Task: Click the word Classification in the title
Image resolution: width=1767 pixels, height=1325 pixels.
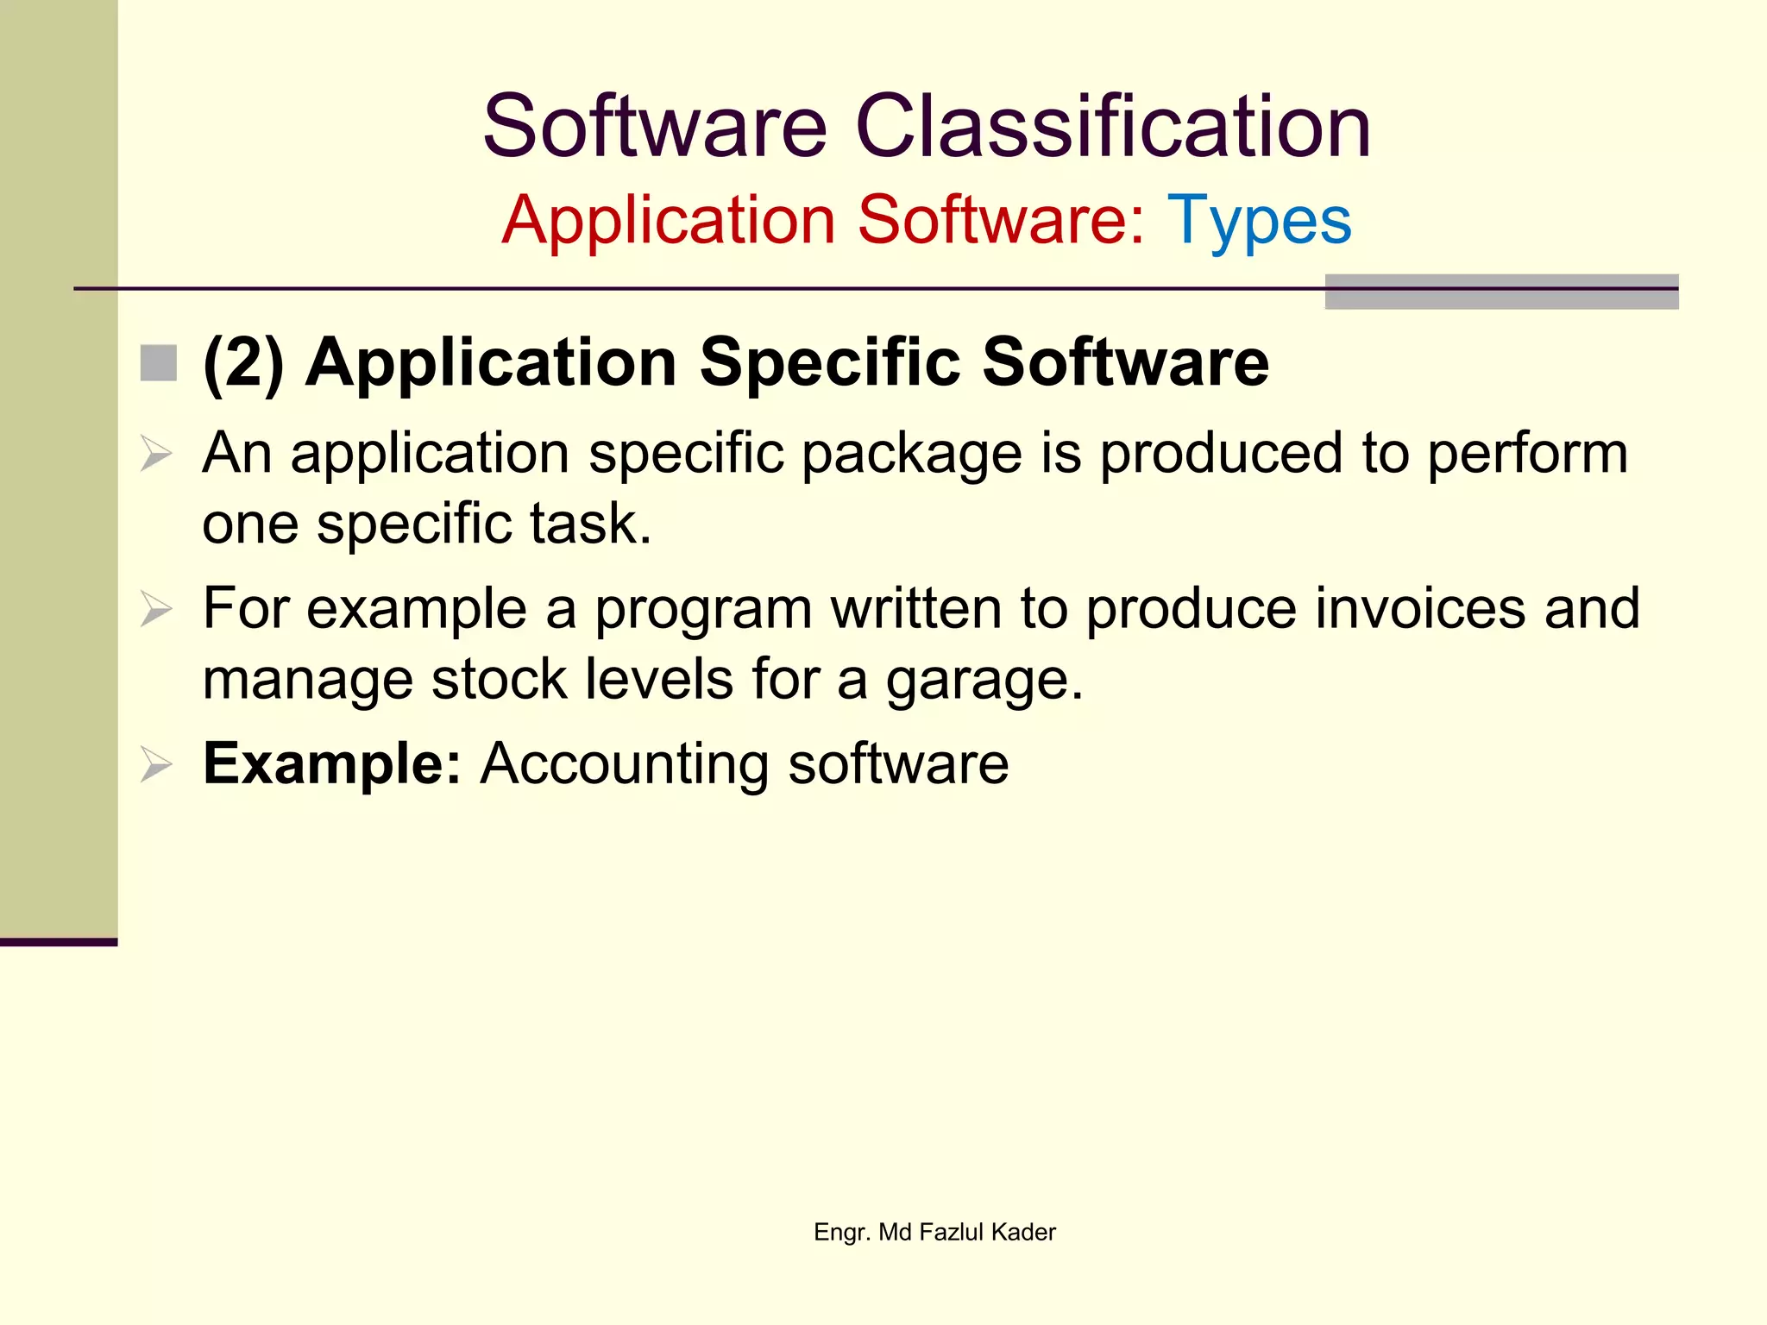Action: (1112, 128)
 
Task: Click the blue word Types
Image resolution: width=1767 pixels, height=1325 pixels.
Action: (1259, 221)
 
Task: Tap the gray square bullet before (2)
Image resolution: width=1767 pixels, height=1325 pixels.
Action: (159, 363)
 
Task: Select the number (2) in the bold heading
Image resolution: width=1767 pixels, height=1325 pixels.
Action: (243, 363)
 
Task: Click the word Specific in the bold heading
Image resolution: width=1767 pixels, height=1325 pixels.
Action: (829, 363)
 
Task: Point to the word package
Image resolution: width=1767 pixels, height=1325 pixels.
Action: (911, 455)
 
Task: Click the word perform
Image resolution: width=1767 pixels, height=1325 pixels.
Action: (1526, 455)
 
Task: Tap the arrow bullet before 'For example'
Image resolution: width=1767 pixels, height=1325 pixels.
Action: (156, 610)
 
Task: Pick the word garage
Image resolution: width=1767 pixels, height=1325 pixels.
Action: (983, 681)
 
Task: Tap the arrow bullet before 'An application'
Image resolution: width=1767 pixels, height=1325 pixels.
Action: (156, 454)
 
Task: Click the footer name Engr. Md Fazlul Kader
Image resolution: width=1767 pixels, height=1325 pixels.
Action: (934, 1232)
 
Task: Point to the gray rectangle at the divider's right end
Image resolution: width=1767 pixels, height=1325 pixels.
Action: (1500, 292)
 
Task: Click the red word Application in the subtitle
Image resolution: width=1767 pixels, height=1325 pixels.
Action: (668, 221)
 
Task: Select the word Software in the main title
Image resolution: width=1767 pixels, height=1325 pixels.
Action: (654, 128)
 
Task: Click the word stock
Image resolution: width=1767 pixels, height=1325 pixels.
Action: (499, 681)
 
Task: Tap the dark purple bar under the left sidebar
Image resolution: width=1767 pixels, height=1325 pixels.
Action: (58, 942)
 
